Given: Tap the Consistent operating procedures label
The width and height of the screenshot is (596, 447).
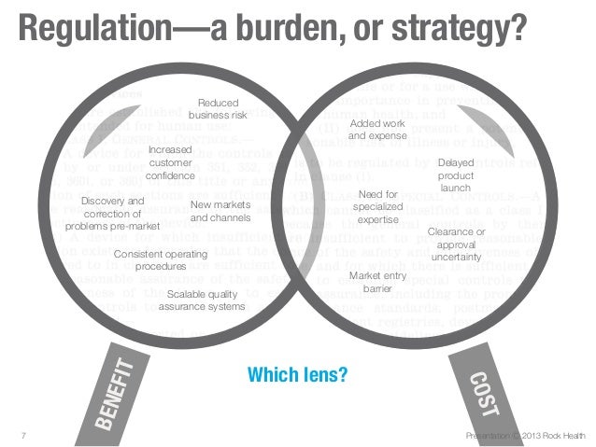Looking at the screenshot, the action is pyautogui.click(x=160, y=259).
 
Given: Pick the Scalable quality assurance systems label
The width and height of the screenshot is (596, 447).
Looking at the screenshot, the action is pyautogui.click(x=202, y=300).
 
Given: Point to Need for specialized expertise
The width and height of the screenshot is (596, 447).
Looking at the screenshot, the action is pyautogui.click(x=378, y=206).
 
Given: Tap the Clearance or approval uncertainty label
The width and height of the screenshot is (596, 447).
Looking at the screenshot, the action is pyautogui.click(x=456, y=244).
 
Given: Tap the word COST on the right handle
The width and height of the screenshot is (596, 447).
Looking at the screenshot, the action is pyautogui.click(x=485, y=393).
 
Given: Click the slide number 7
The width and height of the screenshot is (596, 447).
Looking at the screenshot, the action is pyautogui.click(x=21, y=436).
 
